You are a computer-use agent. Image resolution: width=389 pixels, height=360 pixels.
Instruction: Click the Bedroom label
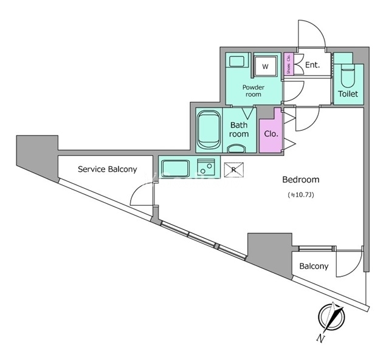[x=300, y=180]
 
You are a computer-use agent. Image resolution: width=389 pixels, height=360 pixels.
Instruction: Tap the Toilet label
[x=348, y=94]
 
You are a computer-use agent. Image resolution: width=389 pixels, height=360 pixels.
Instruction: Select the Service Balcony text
[x=107, y=169]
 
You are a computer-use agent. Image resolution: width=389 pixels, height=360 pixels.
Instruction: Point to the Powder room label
[x=253, y=90]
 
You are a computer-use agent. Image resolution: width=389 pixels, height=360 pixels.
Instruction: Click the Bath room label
[x=238, y=129]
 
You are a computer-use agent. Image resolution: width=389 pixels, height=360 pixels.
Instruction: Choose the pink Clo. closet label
[x=270, y=134]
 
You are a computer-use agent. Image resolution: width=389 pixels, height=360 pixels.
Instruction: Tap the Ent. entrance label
[x=312, y=65]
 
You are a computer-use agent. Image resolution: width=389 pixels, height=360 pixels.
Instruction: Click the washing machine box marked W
[x=265, y=65]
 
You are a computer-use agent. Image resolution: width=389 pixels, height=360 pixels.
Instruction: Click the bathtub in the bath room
[x=208, y=128]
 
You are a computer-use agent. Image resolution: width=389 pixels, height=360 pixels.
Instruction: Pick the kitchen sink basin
[x=176, y=166]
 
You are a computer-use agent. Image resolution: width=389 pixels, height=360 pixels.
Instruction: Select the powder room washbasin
[x=237, y=61]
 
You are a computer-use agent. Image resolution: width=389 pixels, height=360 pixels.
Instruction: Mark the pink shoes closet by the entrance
[x=289, y=64]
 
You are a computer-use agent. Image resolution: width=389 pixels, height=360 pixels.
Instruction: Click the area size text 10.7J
[x=300, y=195]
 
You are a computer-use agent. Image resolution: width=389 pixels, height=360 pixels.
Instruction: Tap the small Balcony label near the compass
[x=314, y=266]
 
